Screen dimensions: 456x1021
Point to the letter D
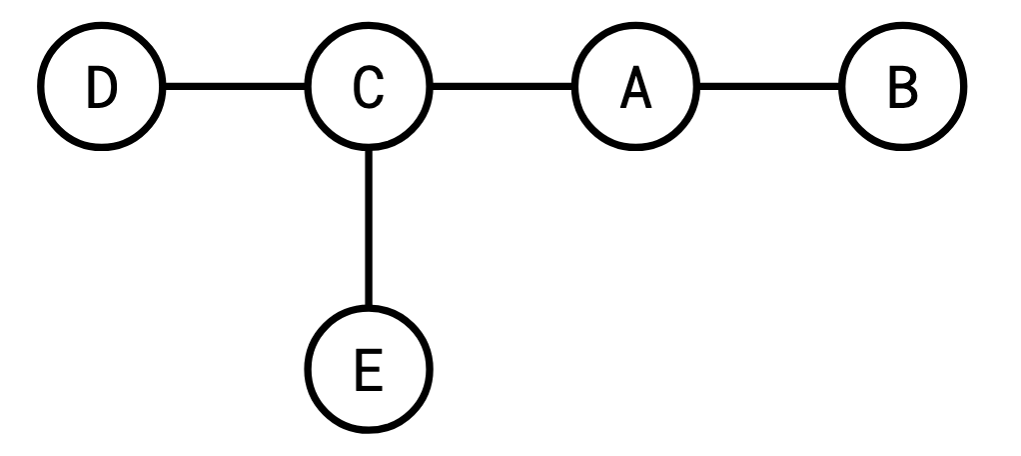pos(100,89)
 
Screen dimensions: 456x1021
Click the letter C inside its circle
pos(368,89)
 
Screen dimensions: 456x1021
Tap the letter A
pos(635,89)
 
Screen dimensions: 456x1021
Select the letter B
pos(903,89)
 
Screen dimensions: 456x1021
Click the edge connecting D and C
pos(234,88)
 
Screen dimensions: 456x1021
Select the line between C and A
pos(502,88)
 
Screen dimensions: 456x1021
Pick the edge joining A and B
pos(769,88)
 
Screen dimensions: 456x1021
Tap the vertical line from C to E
pos(369,229)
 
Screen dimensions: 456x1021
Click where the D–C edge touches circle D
pos(162,88)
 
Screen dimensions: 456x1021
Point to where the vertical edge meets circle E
pos(369,308)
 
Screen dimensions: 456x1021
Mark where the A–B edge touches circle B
pos(842,88)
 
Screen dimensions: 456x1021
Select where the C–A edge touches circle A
pos(574,88)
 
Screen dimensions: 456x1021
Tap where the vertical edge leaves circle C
pos(369,150)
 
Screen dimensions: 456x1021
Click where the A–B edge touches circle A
pos(697,88)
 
